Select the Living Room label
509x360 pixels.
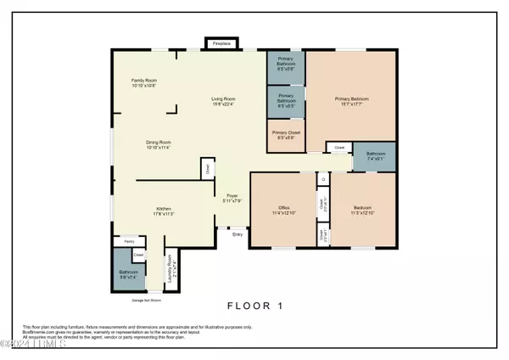click(x=225, y=103)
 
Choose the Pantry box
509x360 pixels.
click(x=130, y=241)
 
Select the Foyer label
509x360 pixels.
click(x=232, y=199)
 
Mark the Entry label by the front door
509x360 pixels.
click(x=238, y=234)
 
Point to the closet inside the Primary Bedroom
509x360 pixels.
click(x=339, y=148)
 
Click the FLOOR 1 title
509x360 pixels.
click(x=254, y=305)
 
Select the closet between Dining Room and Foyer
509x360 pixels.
click(x=207, y=168)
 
